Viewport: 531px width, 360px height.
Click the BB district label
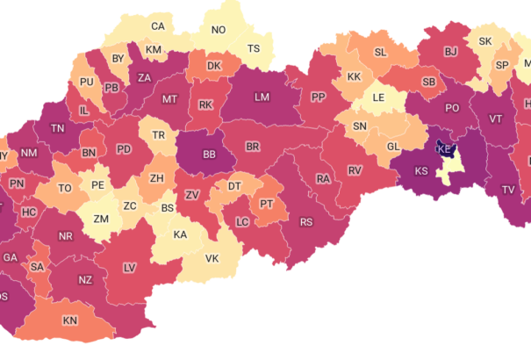209,155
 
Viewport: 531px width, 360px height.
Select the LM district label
262,97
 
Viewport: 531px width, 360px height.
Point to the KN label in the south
69,320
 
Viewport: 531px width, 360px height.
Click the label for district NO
218,30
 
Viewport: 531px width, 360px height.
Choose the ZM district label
101,219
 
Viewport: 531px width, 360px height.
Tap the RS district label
305,222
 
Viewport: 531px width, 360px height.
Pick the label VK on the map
212,259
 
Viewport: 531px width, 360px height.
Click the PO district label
452,108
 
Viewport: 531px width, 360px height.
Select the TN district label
58,128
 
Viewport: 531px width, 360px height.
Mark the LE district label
379,97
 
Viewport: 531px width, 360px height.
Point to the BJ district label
450,53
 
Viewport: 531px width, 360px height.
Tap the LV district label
129,266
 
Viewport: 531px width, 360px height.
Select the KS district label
421,170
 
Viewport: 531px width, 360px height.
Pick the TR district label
158,135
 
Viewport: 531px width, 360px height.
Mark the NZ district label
85,280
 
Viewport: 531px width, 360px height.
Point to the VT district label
496,119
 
